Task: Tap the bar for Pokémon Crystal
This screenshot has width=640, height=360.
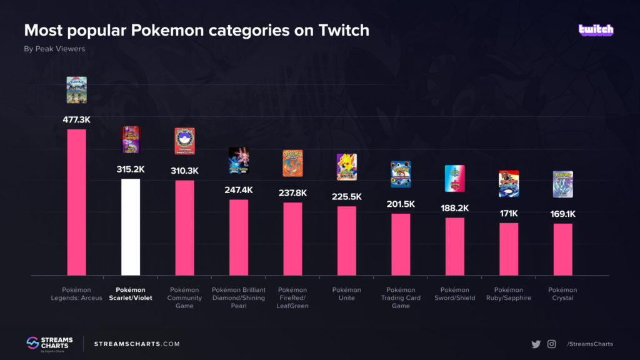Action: (562, 249)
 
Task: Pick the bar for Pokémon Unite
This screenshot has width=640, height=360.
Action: (346, 241)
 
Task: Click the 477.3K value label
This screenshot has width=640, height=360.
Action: (76, 119)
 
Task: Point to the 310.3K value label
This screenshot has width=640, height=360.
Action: (184, 170)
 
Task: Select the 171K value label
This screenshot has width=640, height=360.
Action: (509, 213)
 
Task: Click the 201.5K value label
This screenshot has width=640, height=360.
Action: (401, 204)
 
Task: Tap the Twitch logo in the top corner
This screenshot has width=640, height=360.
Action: (596, 30)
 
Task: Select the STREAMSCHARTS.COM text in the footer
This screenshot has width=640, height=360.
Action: (137, 344)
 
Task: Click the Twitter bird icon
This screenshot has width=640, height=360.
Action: (536, 344)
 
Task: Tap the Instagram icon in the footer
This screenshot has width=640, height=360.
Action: (552, 344)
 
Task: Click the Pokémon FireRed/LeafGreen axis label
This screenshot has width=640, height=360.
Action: (292, 297)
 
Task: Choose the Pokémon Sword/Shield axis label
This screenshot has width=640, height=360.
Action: (454, 294)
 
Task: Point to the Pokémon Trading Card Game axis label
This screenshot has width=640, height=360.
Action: (401, 297)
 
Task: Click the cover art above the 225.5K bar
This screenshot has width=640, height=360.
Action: (346, 167)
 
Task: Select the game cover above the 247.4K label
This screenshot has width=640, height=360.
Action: (238, 161)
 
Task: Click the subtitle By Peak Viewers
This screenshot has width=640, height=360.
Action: (54, 49)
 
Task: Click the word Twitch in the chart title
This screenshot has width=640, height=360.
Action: (342, 30)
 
